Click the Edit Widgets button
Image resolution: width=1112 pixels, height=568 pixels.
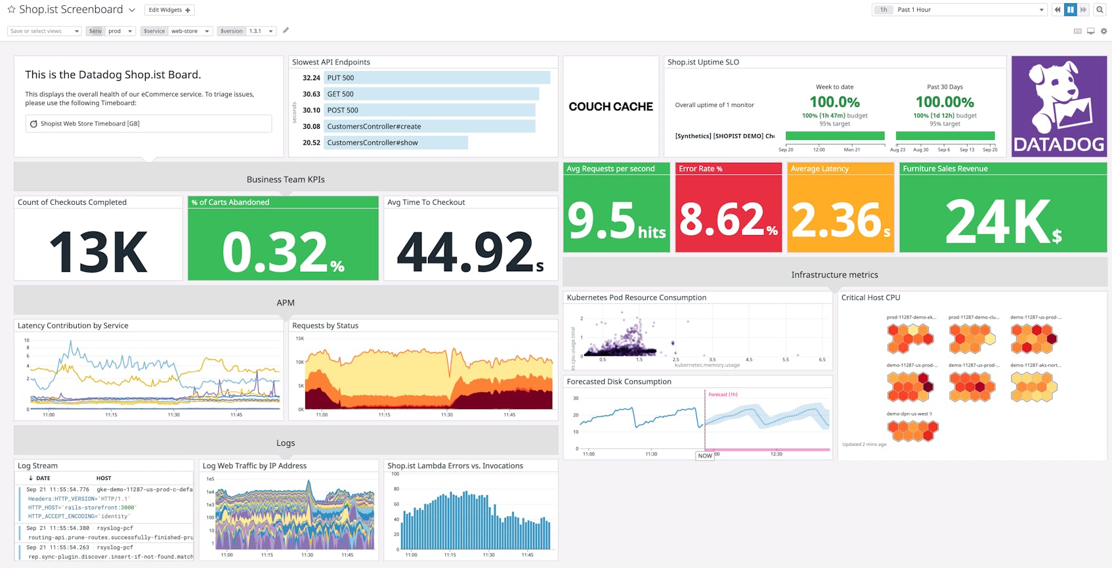point(169,10)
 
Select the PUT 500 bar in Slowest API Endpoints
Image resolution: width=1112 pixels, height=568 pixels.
point(437,77)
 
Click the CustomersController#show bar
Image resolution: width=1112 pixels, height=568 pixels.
point(395,142)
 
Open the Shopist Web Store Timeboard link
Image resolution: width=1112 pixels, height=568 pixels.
point(90,123)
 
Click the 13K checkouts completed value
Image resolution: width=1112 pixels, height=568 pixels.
point(98,251)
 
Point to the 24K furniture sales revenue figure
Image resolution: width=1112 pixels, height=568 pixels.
point(1002,222)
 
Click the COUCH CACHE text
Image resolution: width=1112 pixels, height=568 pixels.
point(610,106)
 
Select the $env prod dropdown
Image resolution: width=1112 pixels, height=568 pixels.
point(119,31)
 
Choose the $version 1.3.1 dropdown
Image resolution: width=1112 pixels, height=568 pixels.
point(261,31)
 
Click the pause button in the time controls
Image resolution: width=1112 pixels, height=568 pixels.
point(1070,10)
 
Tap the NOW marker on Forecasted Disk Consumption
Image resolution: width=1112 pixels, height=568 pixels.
point(705,456)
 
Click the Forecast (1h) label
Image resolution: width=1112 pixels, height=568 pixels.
point(723,395)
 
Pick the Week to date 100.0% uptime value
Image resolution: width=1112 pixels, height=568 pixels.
point(834,102)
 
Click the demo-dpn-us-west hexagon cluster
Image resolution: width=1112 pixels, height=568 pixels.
point(912,431)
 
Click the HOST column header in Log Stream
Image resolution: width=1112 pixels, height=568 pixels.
point(104,478)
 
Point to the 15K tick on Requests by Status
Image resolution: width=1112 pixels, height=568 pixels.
point(299,339)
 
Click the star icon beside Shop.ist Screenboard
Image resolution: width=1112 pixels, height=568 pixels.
point(11,10)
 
